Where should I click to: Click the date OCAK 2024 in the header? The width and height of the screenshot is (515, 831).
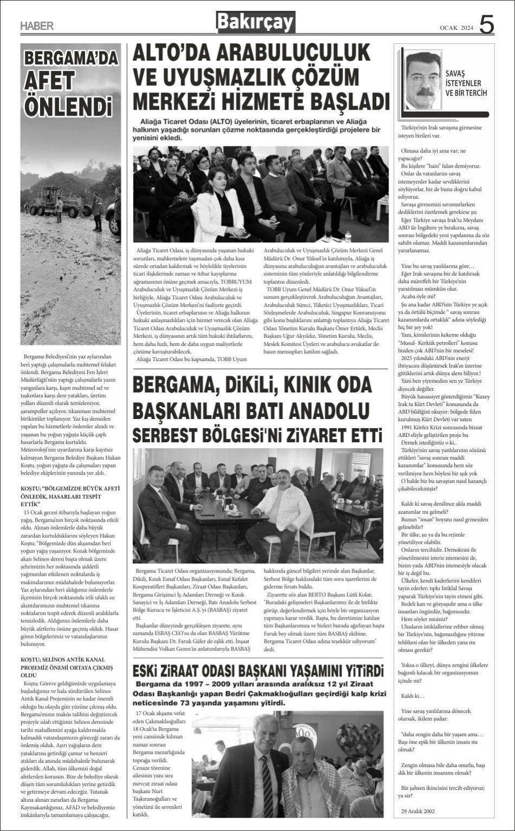456,28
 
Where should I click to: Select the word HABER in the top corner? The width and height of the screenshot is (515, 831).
37,26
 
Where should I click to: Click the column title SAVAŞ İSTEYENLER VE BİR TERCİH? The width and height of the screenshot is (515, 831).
466,83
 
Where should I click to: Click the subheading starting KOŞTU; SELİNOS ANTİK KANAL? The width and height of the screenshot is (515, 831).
67,667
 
